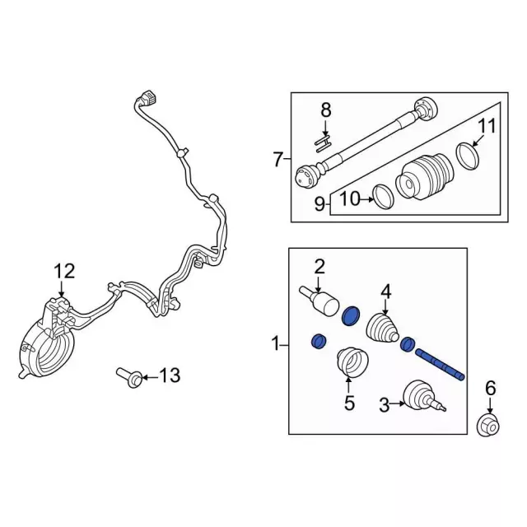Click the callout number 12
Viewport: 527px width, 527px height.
64,270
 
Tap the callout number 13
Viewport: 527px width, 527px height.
168,377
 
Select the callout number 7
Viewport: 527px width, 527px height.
277,159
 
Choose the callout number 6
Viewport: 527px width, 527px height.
490,388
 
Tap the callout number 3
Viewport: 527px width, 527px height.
384,403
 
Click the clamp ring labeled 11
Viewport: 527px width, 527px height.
467,156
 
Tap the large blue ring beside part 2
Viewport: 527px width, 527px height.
352,315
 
